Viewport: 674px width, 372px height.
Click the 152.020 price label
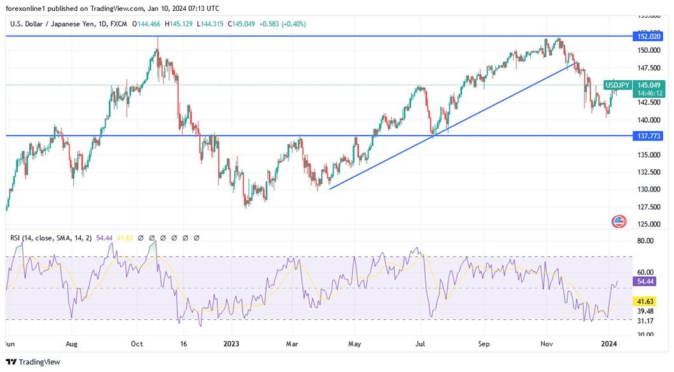click(649, 36)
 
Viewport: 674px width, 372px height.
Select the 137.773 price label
click(649, 135)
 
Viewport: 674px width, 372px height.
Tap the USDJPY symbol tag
click(617, 85)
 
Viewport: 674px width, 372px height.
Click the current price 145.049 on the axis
click(650, 85)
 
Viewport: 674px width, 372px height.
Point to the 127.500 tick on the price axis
click(649, 207)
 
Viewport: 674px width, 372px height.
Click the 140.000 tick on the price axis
click(649, 120)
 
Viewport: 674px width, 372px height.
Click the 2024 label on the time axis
click(610, 343)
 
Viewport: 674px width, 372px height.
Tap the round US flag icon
click(619, 221)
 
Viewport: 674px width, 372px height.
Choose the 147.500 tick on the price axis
click(649, 67)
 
